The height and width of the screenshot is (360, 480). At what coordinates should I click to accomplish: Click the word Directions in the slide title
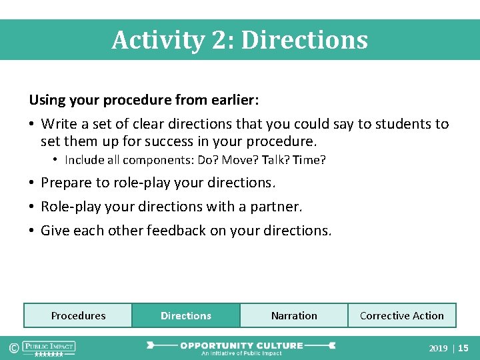[x=304, y=40]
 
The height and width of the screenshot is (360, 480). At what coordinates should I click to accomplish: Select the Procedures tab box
[x=78, y=315]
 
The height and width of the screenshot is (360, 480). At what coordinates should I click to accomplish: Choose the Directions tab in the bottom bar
[x=186, y=315]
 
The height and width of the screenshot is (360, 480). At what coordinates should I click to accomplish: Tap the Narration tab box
[x=294, y=315]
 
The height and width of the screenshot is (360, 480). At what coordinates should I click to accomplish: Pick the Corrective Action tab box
[x=402, y=315]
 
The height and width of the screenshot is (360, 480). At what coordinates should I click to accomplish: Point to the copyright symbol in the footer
[x=12, y=347]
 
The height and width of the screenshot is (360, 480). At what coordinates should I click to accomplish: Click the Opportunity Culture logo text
[x=241, y=345]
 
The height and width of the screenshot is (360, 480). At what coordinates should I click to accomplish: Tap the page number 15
[x=463, y=348]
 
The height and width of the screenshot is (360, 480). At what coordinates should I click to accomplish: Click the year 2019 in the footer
[x=438, y=348]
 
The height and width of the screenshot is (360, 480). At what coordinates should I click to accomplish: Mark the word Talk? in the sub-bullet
[x=279, y=160]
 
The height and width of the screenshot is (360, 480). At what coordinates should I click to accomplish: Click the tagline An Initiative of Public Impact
[x=241, y=353]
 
